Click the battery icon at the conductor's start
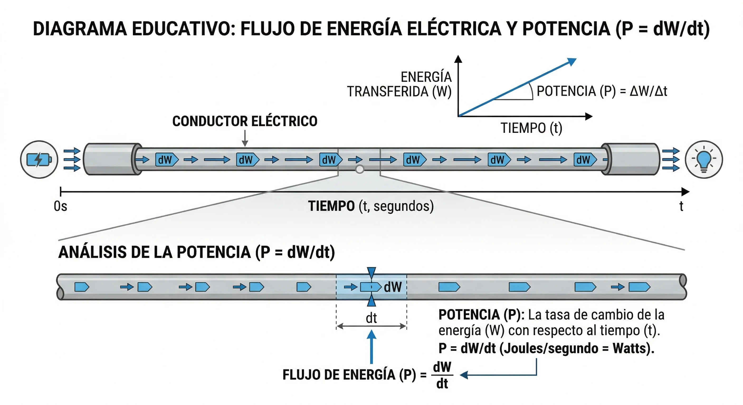[x=39, y=160]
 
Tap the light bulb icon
[x=704, y=160]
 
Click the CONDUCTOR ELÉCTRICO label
[x=245, y=121]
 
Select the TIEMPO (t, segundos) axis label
[x=371, y=206]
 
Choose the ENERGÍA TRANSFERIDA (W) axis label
[x=399, y=84]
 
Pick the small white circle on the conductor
[x=359, y=169]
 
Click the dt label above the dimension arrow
[x=371, y=318]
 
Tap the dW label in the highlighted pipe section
[x=393, y=287]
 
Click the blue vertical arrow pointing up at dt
[x=371, y=346]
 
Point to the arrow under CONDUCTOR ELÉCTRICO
[x=245, y=139]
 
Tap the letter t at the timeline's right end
[x=681, y=206]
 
